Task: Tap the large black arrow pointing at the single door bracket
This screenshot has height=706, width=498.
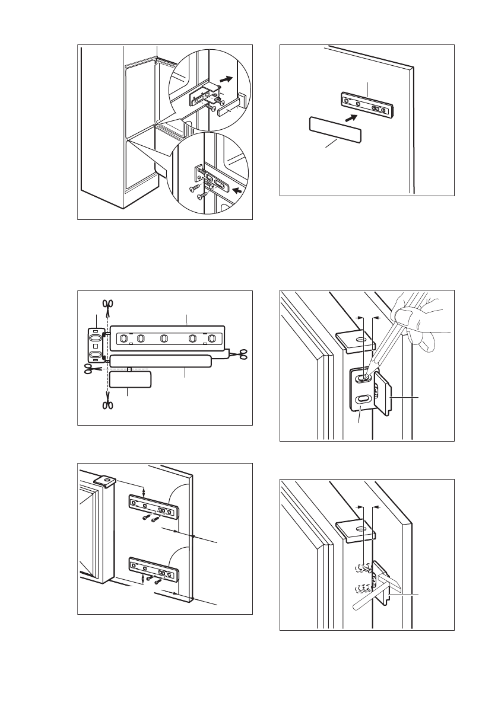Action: tap(351, 118)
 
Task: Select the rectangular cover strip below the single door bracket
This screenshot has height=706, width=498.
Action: tap(335, 129)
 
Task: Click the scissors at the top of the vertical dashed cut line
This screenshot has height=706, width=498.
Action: tap(107, 305)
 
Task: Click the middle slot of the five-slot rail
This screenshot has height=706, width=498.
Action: tap(164, 340)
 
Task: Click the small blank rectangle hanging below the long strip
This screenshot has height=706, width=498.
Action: tap(131, 380)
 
